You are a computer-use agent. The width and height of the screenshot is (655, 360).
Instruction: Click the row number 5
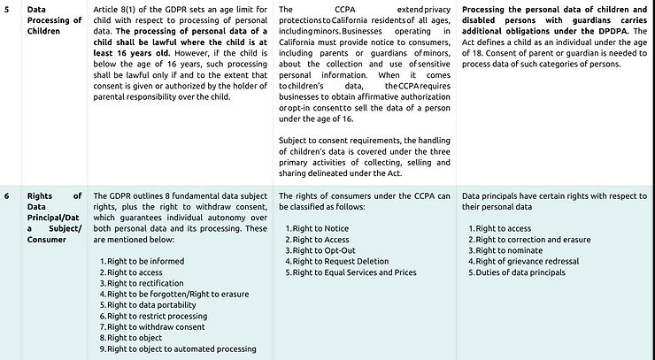pos(6,8)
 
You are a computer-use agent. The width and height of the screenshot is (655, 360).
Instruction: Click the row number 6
pos(6,195)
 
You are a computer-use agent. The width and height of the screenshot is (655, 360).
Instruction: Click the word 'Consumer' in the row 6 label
pos(49,239)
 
